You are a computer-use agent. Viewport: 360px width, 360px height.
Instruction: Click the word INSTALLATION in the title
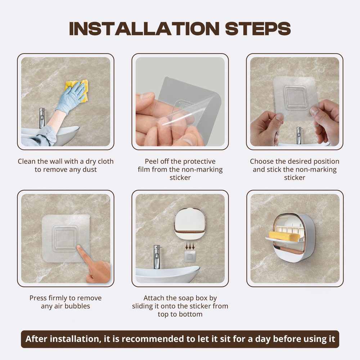pyautogui.click(x=144, y=29)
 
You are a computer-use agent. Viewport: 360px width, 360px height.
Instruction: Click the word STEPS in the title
pyautogui.click(x=258, y=29)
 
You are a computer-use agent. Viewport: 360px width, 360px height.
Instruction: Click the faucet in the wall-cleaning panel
pyautogui.click(x=42, y=118)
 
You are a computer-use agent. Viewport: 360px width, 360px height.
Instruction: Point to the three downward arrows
pyautogui.click(x=190, y=247)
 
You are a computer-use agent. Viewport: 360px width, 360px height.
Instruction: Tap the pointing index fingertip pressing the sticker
pyautogui.click(x=78, y=247)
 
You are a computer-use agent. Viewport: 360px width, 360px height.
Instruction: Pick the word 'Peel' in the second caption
pyautogui.click(x=152, y=161)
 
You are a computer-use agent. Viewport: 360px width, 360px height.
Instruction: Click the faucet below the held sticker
pyautogui.click(x=299, y=135)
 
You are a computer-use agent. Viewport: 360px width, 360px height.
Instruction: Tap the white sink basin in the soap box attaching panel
pyautogui.click(x=168, y=274)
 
